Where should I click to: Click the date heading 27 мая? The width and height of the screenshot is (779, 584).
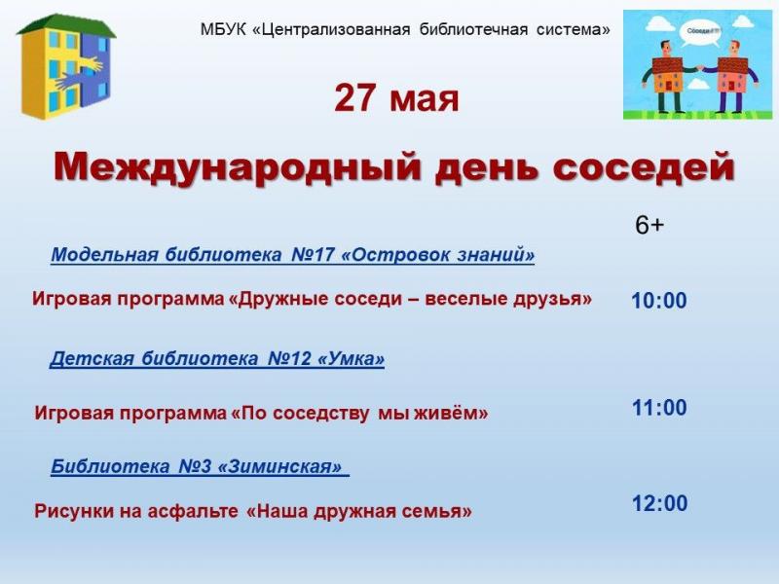(x=396, y=98)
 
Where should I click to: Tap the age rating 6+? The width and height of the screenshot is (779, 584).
(x=649, y=226)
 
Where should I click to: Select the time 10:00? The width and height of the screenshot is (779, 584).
(x=659, y=301)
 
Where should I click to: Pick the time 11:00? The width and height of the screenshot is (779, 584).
(x=659, y=408)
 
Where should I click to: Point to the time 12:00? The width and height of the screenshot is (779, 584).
(x=660, y=503)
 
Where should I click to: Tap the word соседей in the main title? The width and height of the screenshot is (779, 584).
(x=644, y=167)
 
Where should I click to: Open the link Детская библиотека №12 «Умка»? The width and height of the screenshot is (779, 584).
(x=217, y=358)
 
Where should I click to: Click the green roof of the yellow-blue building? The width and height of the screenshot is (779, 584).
(x=66, y=26)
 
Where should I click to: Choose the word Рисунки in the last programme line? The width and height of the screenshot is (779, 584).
(x=75, y=511)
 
